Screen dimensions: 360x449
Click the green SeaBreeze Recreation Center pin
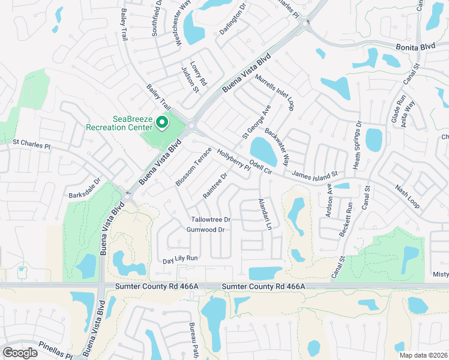click(x=161, y=122)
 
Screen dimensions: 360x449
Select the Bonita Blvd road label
click(x=415, y=46)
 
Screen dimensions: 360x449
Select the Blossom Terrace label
click(x=194, y=166)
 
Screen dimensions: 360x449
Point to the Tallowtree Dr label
click(x=211, y=220)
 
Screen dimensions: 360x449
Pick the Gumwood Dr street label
click(x=205, y=230)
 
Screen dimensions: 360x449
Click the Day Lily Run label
click(x=180, y=259)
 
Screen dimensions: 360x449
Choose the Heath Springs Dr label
click(x=357, y=145)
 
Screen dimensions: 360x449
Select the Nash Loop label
click(x=407, y=196)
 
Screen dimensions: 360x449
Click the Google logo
click(x=20, y=353)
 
